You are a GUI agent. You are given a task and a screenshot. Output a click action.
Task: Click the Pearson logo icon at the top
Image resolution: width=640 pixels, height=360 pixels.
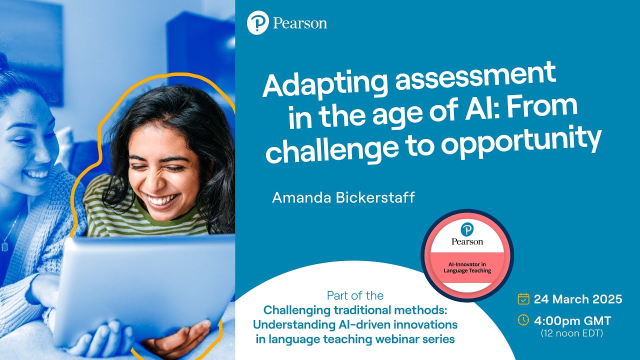point(258,23)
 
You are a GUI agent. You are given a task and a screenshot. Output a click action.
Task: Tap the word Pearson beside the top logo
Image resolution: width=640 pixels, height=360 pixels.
point(300,23)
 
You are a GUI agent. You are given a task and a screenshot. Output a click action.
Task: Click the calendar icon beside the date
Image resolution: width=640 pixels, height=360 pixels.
point(523,299)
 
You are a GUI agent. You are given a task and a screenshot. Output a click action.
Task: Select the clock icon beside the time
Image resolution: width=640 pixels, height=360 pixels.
point(523,319)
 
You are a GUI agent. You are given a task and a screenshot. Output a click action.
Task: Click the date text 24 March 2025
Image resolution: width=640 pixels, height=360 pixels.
point(578,299)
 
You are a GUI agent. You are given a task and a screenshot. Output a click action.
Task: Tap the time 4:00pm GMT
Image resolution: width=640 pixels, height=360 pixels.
point(572,320)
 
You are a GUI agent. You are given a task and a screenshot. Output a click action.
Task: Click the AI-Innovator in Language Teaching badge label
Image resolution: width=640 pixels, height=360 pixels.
point(467,267)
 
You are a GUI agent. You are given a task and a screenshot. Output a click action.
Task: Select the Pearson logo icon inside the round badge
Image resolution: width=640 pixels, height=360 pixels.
point(467,229)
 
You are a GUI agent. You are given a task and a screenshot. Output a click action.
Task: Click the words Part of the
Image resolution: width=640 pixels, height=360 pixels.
point(355,295)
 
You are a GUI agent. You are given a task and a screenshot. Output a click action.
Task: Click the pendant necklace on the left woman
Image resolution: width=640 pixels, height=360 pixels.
point(5,245)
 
